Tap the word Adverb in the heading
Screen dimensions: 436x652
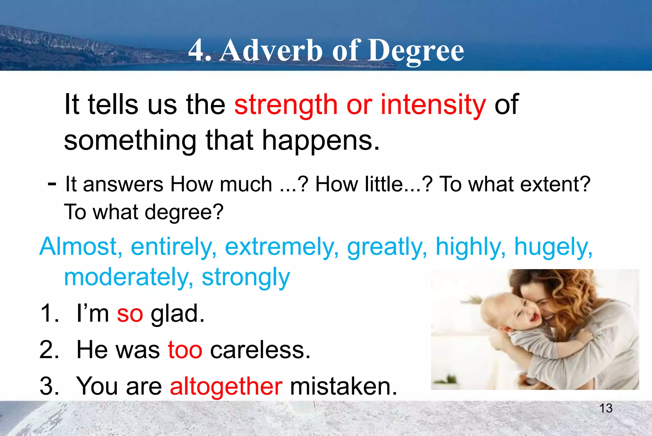click(271, 51)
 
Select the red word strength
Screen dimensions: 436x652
click(286, 105)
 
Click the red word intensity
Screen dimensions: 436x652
click(433, 105)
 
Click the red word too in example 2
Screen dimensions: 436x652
click(185, 350)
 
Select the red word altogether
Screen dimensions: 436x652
click(226, 386)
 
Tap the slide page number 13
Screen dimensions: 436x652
click(606, 408)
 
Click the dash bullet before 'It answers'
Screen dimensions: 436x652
click(52, 184)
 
